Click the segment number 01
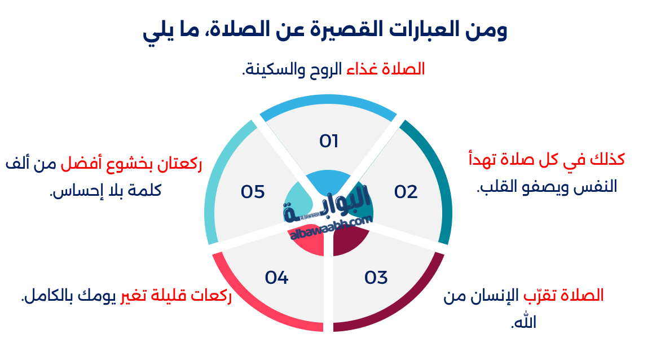(x=328, y=141)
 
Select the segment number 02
(x=406, y=192)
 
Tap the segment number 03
(x=376, y=278)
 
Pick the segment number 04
(x=277, y=278)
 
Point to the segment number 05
(x=253, y=192)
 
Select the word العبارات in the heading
(x=419, y=30)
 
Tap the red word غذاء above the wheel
(x=368, y=69)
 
